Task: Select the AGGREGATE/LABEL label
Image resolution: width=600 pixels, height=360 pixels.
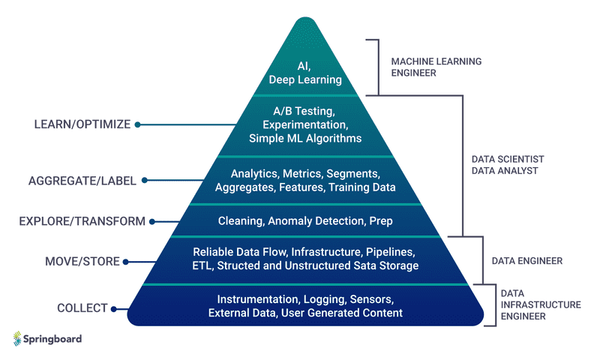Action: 83,181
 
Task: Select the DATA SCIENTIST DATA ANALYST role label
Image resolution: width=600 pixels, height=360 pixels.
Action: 507,165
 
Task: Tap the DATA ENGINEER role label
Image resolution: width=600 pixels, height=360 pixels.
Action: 527,261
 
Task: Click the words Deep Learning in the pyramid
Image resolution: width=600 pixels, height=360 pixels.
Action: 304,79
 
